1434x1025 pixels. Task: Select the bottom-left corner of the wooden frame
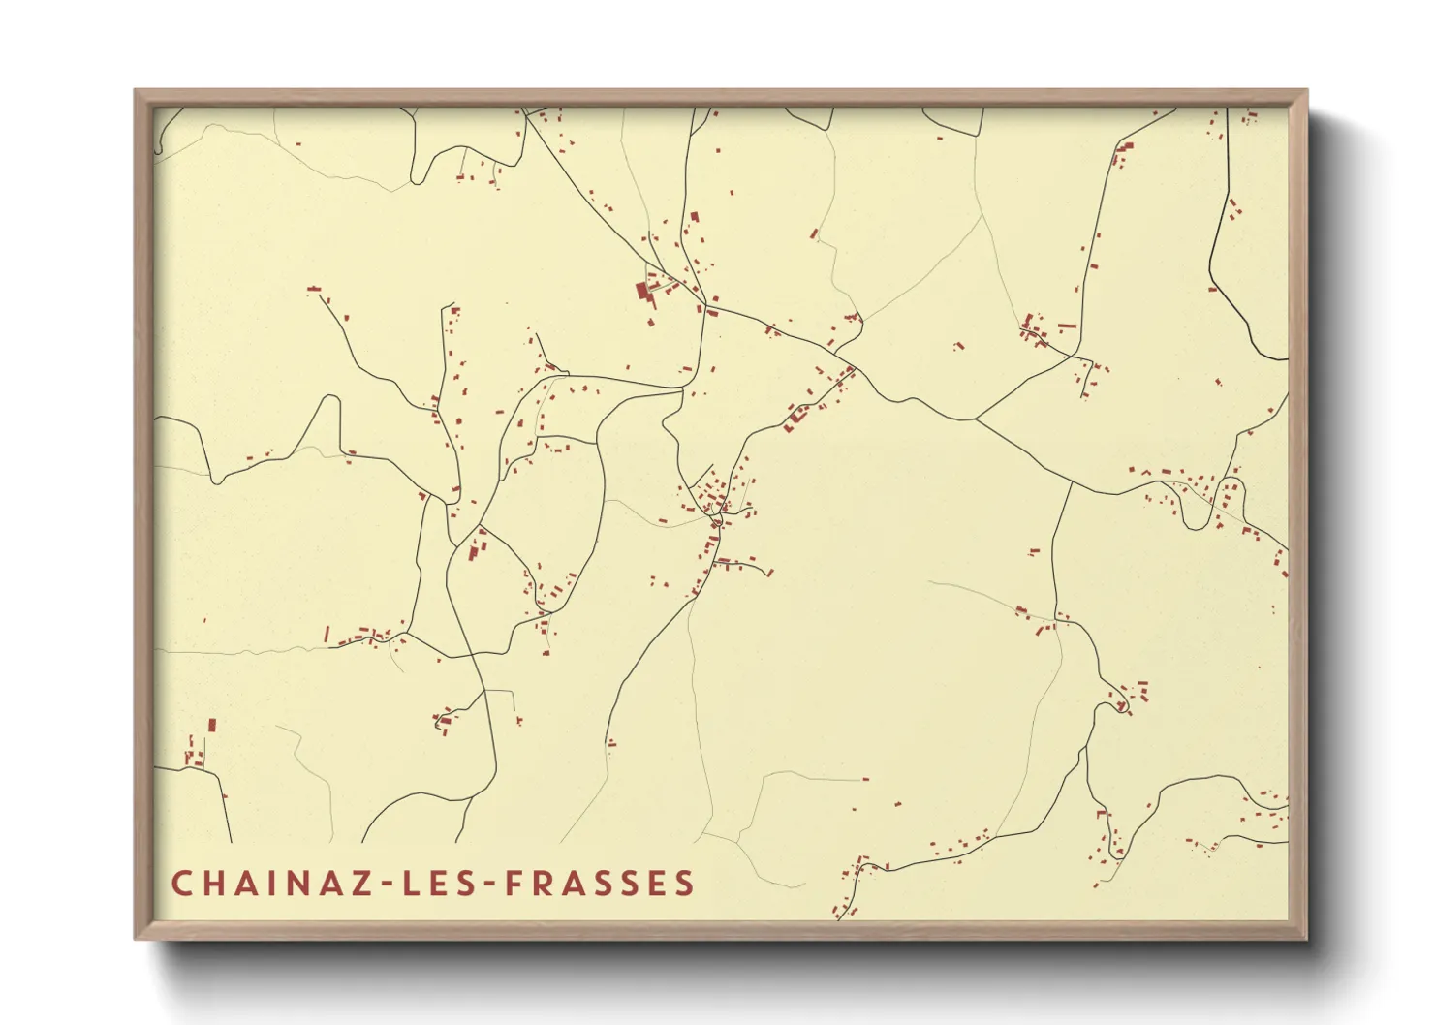click(136, 938)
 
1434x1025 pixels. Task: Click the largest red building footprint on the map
click(641, 291)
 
